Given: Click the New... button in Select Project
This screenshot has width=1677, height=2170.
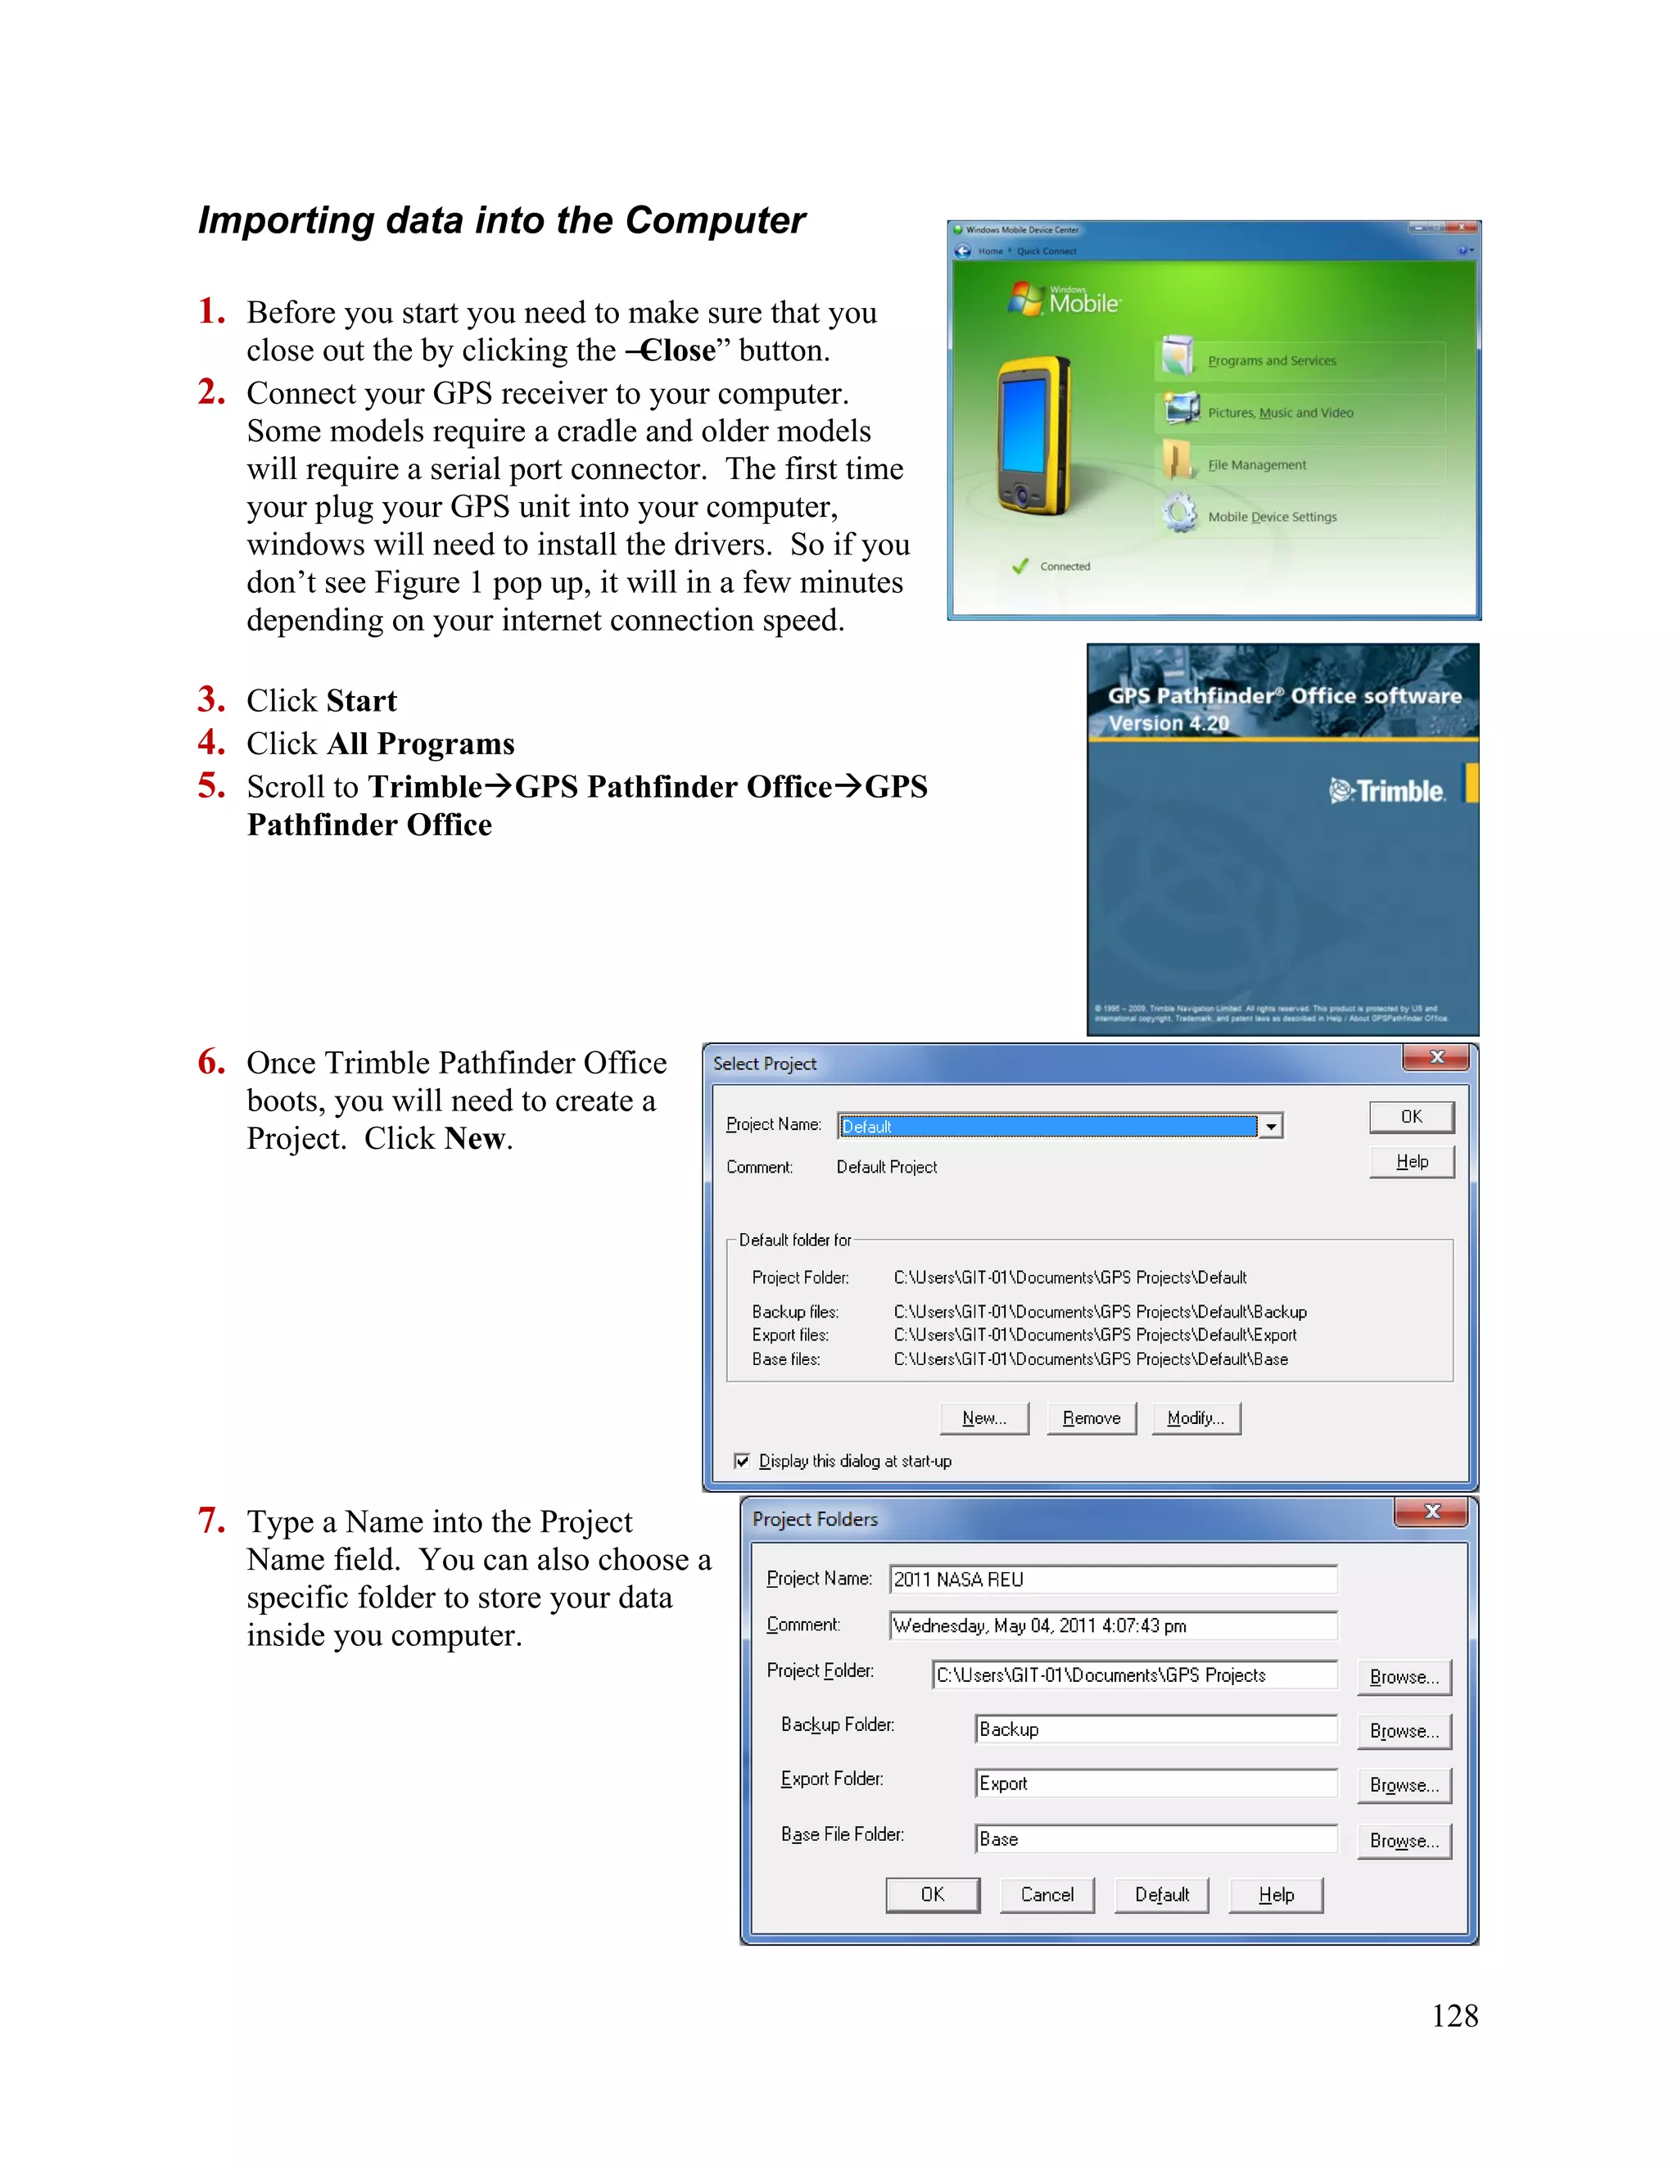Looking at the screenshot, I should click(983, 1417).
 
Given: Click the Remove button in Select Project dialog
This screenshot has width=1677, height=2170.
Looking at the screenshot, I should click(1091, 1417).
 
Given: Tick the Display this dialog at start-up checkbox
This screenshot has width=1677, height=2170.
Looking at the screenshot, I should click(741, 1461).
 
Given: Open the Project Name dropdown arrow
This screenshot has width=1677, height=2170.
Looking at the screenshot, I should click(1271, 1126).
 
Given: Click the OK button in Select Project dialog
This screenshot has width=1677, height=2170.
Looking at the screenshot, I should click(1411, 1117).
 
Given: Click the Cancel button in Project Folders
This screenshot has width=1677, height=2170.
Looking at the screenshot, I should click(1046, 1895).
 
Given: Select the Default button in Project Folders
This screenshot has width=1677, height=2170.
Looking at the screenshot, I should click(1160, 1895).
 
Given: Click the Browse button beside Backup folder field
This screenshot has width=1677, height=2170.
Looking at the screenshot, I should click(1403, 1731).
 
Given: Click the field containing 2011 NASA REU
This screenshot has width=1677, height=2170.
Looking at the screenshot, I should click(1113, 1579).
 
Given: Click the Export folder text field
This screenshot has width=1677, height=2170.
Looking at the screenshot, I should click(1155, 1783).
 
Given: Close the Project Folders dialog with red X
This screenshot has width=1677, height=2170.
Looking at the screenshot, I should click(1431, 1512).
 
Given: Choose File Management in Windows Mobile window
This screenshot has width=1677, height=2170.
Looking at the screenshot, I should click(1256, 465).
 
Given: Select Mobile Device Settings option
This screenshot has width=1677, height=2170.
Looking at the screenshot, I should click(1272, 517).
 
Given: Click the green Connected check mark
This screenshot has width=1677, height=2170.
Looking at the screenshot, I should click(1019, 567).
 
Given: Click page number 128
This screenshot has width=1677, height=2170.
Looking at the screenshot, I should click(1453, 2015).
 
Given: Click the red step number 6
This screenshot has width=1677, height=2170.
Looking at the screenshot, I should click(210, 1061).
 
